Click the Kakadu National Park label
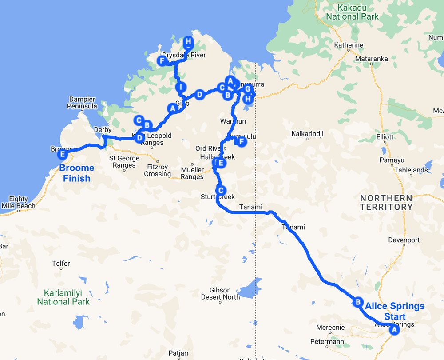pos(353,12)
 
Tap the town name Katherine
pos(349,45)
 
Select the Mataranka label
pos(371,59)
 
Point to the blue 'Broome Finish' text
pos(77,173)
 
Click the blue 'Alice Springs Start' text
pos(395,311)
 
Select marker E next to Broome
pos(63,154)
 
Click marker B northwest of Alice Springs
pos(357,302)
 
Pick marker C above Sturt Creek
pos(221,190)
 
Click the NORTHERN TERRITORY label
pos(386,202)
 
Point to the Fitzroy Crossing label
pos(158,170)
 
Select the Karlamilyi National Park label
pos(63,297)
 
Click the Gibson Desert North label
pos(221,293)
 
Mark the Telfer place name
pos(61,264)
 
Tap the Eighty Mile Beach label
pos(19,202)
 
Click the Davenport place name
pos(404,240)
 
